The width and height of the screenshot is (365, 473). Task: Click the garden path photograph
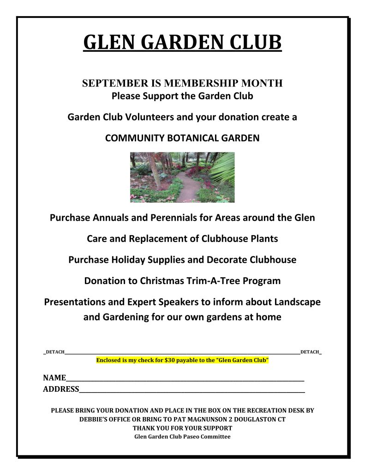[x=182, y=177]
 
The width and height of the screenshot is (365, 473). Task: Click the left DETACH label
[x=54, y=352]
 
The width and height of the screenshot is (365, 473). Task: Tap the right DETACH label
[x=310, y=352]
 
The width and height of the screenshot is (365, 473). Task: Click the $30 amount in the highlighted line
[x=169, y=360]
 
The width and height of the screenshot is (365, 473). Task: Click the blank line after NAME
[x=185, y=379]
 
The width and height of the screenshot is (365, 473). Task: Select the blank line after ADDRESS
[x=191, y=390]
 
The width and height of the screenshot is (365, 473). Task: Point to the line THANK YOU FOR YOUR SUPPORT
[x=182, y=428]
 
